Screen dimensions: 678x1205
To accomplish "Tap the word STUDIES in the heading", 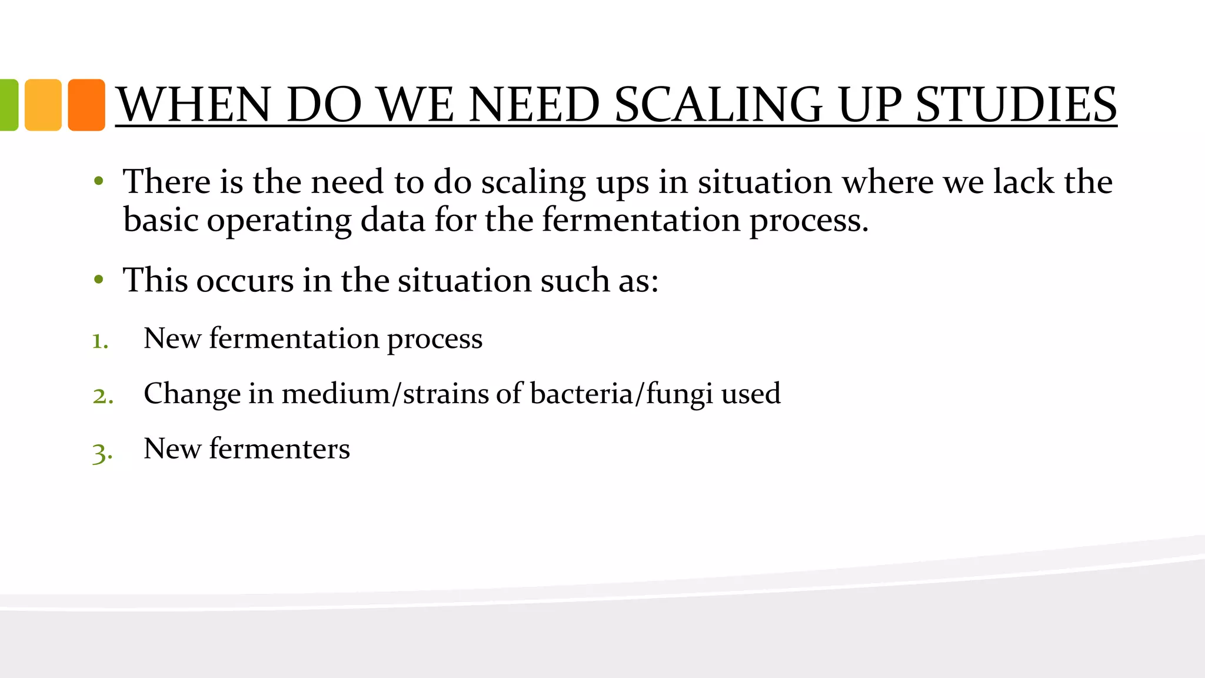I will (1016, 105).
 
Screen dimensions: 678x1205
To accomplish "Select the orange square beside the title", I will (86, 105).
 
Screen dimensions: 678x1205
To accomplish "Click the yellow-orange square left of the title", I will (43, 105).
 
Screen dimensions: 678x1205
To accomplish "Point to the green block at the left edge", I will (8, 105).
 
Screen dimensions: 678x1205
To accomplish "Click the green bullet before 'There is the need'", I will (99, 181).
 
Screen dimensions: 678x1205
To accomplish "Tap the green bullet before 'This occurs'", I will (99, 280).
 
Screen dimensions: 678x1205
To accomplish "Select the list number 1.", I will (100, 341).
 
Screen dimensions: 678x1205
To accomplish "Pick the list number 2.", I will (102, 396).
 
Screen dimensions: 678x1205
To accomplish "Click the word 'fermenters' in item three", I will (279, 448).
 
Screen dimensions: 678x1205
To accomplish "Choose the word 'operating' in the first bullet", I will (279, 221).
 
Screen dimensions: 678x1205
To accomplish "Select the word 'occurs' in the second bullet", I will (245, 280).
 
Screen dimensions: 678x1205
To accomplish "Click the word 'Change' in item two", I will (192, 394).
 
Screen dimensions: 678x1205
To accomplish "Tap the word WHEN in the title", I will (194, 105).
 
